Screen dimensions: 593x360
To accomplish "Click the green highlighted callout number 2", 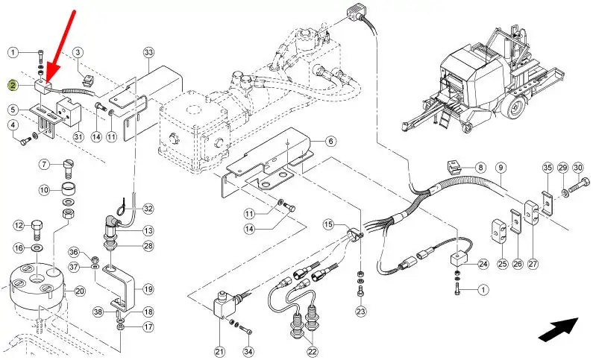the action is [x=13, y=86].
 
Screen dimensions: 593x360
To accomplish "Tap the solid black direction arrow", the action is [x=558, y=329].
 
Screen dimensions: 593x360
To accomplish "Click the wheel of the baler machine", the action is [x=515, y=108].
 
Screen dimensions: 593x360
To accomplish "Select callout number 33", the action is [x=148, y=51].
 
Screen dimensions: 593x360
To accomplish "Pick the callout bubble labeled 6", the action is [x=330, y=142].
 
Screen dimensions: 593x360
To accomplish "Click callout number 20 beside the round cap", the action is [x=79, y=291].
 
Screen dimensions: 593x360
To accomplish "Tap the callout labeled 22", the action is [x=312, y=351].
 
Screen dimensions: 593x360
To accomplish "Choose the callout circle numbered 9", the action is [x=500, y=167].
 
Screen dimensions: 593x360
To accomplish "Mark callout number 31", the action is [x=78, y=136].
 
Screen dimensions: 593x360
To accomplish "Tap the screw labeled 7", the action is [x=68, y=169].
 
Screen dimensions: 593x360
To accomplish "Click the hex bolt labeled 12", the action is [x=37, y=229].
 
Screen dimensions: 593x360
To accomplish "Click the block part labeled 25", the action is [x=498, y=230].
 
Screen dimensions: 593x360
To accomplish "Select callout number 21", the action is [x=220, y=351].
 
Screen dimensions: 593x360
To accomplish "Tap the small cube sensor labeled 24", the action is [x=459, y=260].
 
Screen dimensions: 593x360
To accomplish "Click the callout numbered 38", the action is [x=98, y=312].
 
